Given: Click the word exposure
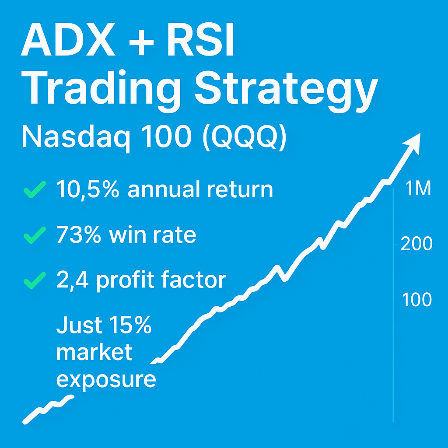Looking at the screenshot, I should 106,379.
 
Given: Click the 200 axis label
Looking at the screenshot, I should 416,244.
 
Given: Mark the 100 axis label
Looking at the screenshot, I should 416,300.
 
